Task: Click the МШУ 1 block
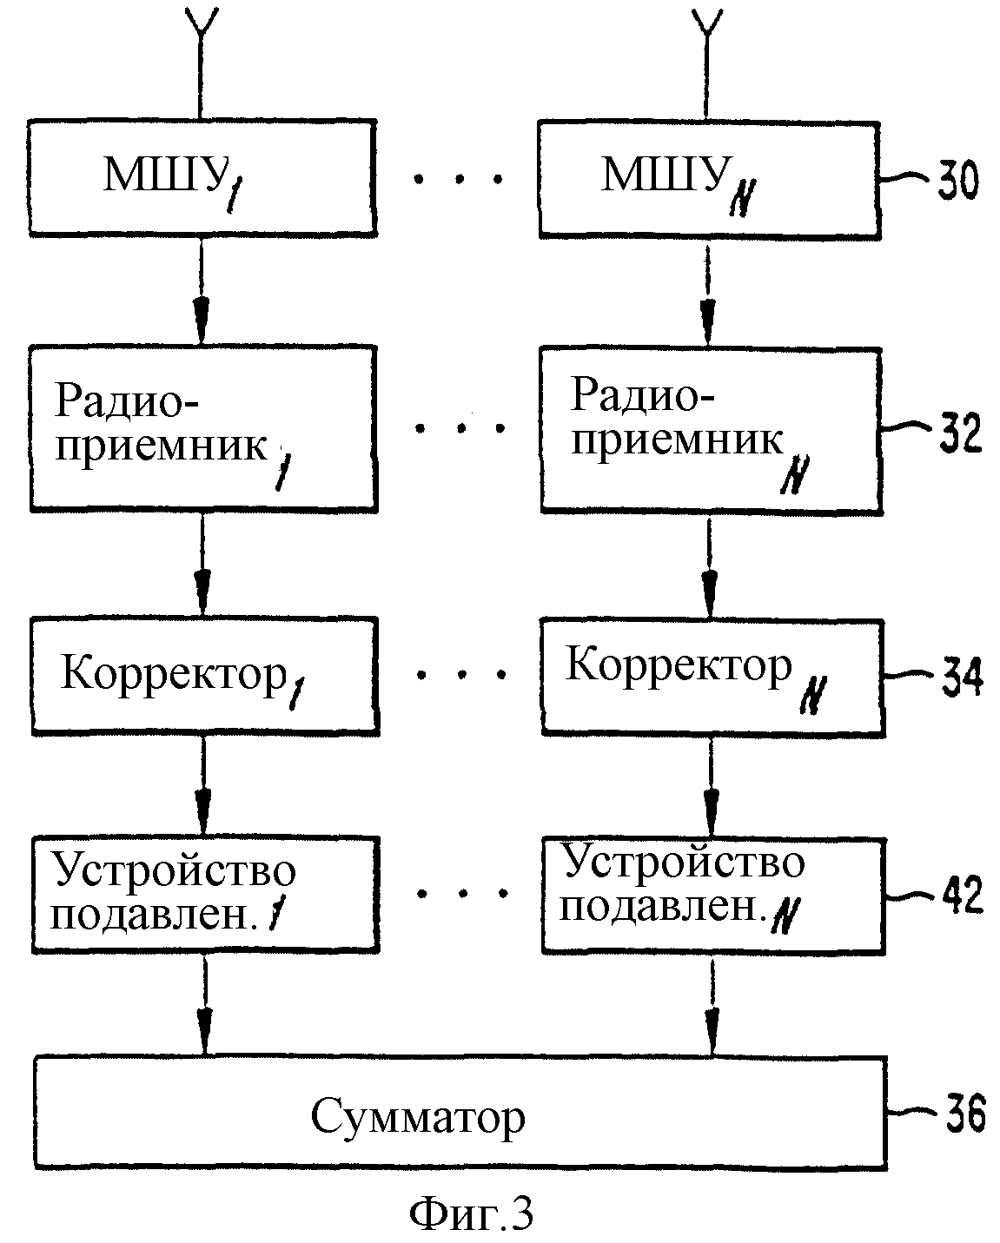[x=202, y=178]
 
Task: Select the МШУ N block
[x=710, y=180]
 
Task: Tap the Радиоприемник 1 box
[x=204, y=428]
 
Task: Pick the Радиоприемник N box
[x=712, y=430]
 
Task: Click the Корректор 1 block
[x=205, y=676]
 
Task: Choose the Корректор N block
[x=713, y=678]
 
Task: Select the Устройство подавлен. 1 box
[x=206, y=894]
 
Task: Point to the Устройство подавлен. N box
[x=713, y=896]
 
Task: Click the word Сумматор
[x=418, y=1117]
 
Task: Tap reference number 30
[x=957, y=180]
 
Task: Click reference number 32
[x=960, y=432]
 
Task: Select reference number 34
[x=962, y=676]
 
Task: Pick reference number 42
[x=963, y=894]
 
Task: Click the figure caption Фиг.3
[x=471, y=1213]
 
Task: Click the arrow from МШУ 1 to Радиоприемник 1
[x=201, y=291]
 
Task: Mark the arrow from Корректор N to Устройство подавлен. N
[x=712, y=787]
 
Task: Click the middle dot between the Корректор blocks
[x=461, y=674]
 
